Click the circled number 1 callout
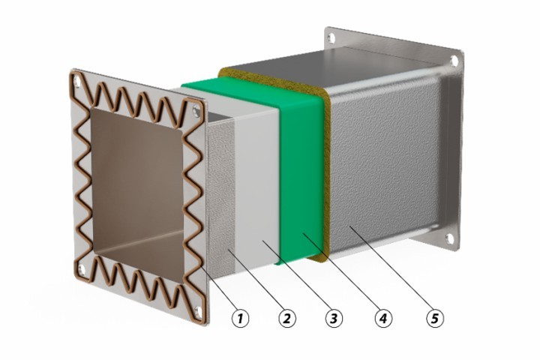pyautogui.click(x=241, y=319)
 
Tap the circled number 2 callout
pyautogui.click(x=286, y=319)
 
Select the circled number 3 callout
pyautogui.click(x=334, y=319)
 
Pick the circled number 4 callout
pyautogui.click(x=383, y=319)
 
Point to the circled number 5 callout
pyautogui.click(x=435, y=319)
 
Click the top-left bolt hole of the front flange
pyautogui.click(x=77, y=81)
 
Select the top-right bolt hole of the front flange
pyautogui.click(x=196, y=111)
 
